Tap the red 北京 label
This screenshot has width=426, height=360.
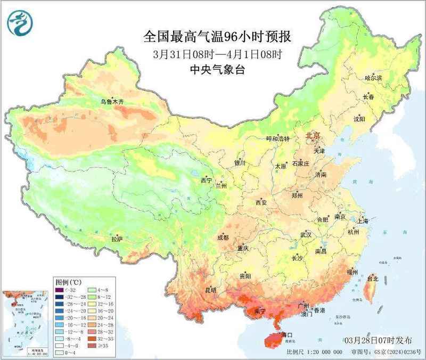313,136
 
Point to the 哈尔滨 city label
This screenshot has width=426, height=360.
373,78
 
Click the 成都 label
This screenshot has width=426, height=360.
224,238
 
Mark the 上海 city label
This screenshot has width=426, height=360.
363,220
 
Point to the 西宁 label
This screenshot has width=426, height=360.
206,181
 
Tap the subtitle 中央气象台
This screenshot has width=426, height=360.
218,69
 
